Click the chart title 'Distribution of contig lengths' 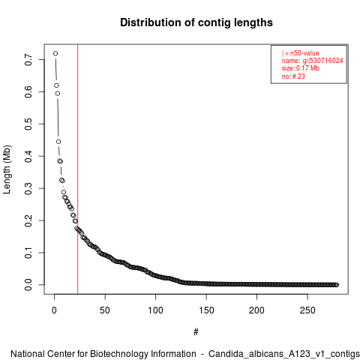point(196,22)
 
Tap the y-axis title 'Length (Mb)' point(7,169)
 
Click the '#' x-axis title point(196,332)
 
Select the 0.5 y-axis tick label point(28,124)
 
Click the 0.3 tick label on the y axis point(28,188)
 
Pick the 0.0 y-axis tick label point(28,285)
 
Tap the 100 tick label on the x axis point(155,310)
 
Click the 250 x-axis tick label point(307,310)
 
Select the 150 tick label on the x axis point(206,310)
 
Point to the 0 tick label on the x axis point(54,310)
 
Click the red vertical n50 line point(78,169)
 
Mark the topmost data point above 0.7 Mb point(55,53)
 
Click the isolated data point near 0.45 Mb point(58,142)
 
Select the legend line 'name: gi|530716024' point(313,61)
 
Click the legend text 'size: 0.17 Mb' point(301,68)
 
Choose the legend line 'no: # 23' point(293,76)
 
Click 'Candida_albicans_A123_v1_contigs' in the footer point(284,354)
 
